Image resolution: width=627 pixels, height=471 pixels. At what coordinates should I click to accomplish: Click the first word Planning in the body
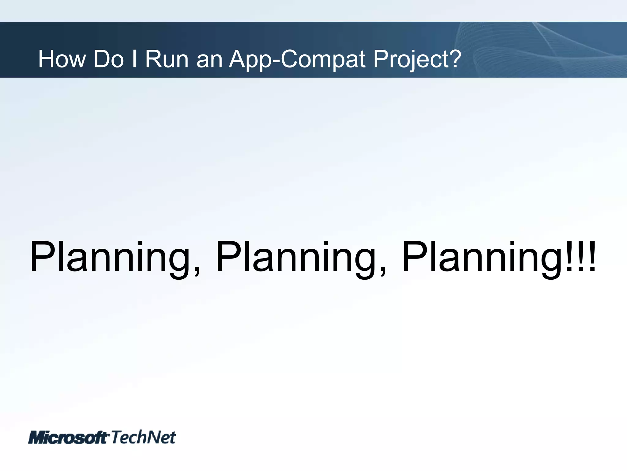(110, 258)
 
